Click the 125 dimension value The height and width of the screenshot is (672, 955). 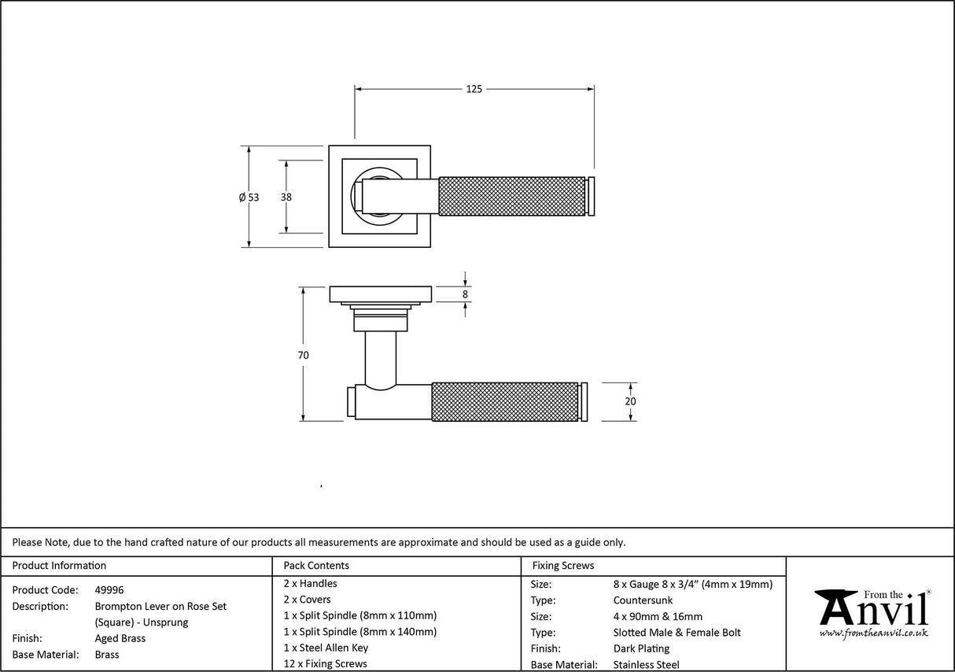474,89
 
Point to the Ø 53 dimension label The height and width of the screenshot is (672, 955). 249,198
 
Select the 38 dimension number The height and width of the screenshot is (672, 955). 286,198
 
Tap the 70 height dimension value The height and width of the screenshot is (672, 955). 303,355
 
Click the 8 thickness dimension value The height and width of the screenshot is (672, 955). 465,294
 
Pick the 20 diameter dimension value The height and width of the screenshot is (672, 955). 630,401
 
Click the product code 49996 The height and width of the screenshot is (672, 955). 109,589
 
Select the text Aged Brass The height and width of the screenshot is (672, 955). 120,638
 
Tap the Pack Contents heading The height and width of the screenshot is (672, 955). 316,565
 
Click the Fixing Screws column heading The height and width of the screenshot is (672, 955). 563,565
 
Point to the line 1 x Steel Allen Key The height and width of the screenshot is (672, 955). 326,648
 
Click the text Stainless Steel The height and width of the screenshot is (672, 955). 647,665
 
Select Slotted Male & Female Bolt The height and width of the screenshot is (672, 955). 677,632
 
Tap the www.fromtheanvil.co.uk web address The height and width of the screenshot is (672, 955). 873,633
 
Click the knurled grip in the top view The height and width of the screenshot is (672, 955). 511,196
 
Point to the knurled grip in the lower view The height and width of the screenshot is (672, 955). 505,401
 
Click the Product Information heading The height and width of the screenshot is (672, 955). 60,565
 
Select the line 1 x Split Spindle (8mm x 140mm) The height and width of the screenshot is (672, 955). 360,631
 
